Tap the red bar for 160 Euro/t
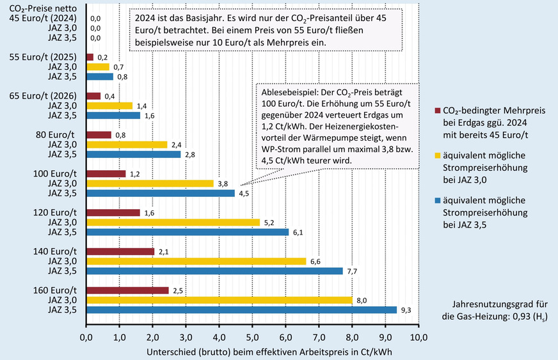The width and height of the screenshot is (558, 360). pos(127,290)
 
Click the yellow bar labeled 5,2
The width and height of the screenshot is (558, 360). pos(172,223)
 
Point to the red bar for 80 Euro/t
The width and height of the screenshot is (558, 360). pos(99,135)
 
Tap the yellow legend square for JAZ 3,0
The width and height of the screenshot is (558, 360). pos(437,154)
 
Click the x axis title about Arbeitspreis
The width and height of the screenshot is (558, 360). pos(252,351)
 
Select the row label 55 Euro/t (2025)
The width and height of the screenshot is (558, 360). pos(53,56)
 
